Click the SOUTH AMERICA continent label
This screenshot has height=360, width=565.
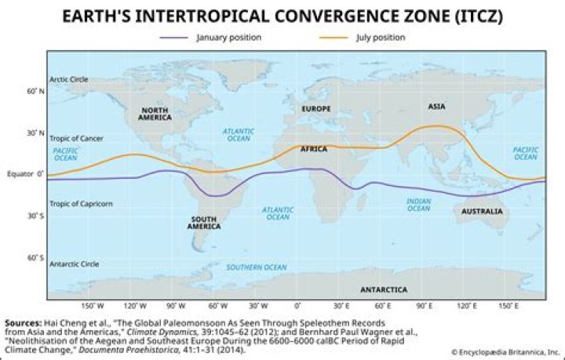203,223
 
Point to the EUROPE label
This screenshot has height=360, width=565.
316,108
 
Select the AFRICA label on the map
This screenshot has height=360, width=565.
314,149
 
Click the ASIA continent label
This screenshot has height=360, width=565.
436,106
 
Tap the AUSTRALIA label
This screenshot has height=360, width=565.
482,212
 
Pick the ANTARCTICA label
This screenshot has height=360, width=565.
384,289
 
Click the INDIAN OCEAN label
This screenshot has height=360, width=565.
418,205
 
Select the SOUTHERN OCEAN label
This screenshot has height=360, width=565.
257,267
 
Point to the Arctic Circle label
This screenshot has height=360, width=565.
68,79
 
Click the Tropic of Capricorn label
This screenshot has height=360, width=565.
81,204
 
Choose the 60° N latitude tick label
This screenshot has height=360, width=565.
36,92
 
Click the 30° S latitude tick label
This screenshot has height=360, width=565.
36,216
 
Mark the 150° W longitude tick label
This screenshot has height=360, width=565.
93,306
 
